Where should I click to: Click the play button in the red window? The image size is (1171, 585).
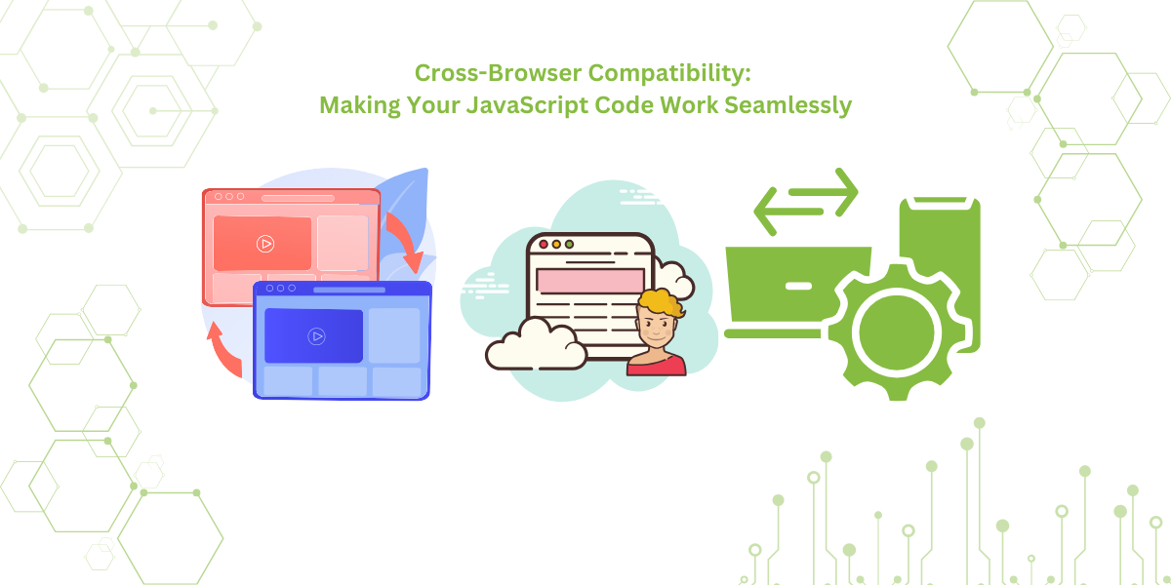(x=264, y=244)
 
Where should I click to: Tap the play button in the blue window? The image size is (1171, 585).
(x=315, y=336)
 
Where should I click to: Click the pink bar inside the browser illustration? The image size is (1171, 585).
(x=589, y=281)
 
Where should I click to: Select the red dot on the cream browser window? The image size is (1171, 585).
(x=544, y=244)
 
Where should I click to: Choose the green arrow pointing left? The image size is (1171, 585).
(x=790, y=216)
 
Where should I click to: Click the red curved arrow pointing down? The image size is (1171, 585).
(x=406, y=239)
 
